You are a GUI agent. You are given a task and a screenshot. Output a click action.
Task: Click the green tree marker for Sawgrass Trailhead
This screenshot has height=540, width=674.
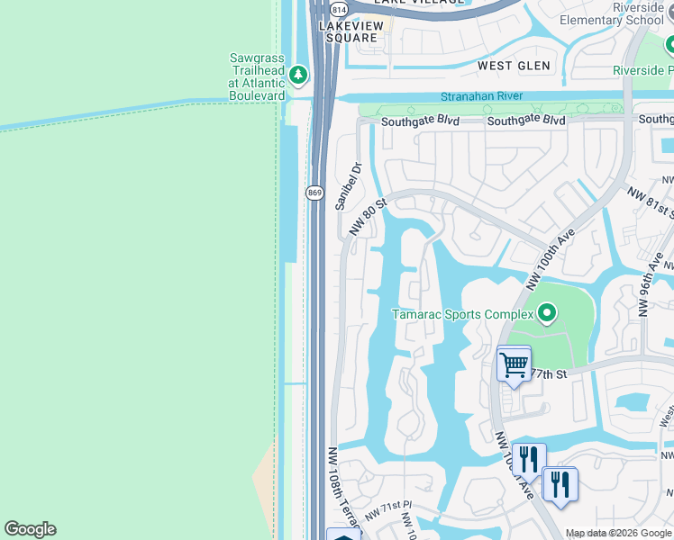pyautogui.click(x=298, y=76)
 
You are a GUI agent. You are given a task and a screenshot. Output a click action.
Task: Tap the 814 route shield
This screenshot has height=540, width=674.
pyautogui.click(x=338, y=9)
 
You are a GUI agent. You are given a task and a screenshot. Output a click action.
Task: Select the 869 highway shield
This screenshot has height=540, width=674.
pyautogui.click(x=314, y=193)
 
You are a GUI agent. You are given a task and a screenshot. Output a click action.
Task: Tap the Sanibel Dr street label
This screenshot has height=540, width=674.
pyautogui.click(x=348, y=185)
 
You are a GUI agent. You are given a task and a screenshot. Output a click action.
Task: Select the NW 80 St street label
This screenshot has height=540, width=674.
pyautogui.click(x=368, y=217)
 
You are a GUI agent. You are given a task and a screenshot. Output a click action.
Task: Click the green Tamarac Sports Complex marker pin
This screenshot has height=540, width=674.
pyautogui.click(x=546, y=314)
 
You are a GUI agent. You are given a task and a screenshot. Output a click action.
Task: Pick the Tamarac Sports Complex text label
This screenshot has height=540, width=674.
pyautogui.click(x=462, y=314)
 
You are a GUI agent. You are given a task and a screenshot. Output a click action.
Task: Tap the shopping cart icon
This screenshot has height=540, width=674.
pyautogui.click(x=514, y=364)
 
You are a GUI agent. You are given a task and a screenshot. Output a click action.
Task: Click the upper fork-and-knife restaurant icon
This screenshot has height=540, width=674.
pyautogui.click(x=529, y=460)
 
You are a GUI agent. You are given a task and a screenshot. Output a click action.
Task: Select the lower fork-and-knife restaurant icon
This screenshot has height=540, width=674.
pyautogui.click(x=560, y=485)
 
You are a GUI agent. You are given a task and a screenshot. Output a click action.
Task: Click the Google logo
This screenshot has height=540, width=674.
pyautogui.click(x=30, y=529)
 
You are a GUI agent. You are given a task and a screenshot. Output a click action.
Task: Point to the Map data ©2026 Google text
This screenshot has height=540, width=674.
pyautogui.click(x=619, y=534)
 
